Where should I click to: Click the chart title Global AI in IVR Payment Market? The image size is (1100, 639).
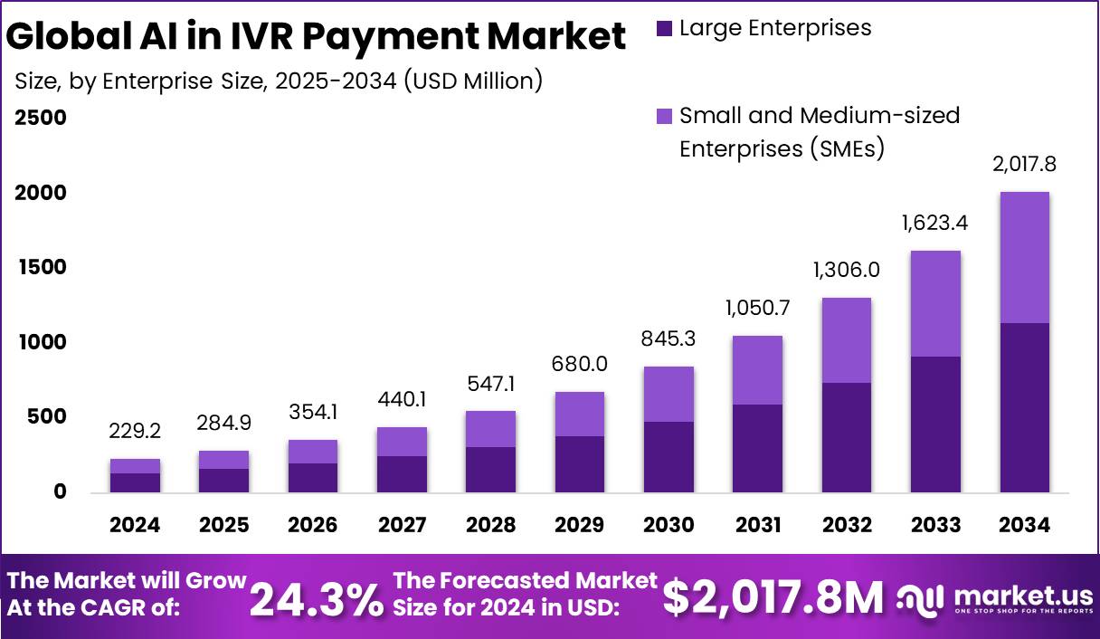pyautogui.click(x=316, y=37)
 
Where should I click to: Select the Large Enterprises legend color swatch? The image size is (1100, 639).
pyautogui.click(x=664, y=29)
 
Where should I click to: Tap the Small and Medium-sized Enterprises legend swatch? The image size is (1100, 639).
pyautogui.click(x=664, y=116)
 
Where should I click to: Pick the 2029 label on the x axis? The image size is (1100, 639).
pyautogui.click(x=580, y=525)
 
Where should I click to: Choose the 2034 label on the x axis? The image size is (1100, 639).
pyautogui.click(x=1025, y=525)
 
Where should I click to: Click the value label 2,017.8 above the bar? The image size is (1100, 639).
pyautogui.click(x=1025, y=166)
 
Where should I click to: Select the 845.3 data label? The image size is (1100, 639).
pyautogui.click(x=669, y=339)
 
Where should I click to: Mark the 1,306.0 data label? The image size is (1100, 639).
pyautogui.click(x=847, y=271)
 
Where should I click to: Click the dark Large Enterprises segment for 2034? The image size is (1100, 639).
pyautogui.click(x=1025, y=407)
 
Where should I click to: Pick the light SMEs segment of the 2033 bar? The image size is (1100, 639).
pyautogui.click(x=935, y=303)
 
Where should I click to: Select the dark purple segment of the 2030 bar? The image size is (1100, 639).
pyautogui.click(x=669, y=456)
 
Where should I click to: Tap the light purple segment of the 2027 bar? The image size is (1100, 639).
pyautogui.click(x=402, y=442)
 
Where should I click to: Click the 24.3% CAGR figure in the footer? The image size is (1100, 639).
pyautogui.click(x=317, y=599)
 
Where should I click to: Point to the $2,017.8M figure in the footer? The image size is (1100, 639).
pyautogui.click(x=773, y=597)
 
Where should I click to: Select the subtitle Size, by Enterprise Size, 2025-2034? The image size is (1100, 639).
pyautogui.click(x=279, y=81)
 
